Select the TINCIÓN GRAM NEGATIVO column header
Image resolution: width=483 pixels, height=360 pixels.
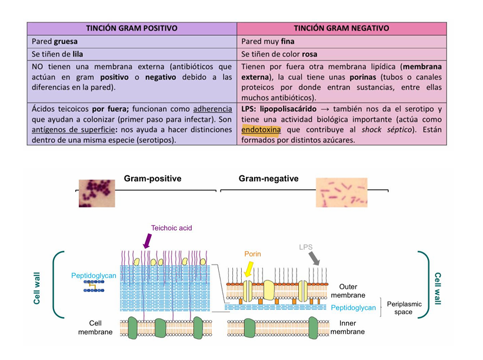[341, 28]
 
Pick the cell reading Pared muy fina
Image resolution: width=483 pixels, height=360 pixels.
[341, 42]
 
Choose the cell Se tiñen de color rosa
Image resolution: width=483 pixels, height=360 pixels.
[341, 54]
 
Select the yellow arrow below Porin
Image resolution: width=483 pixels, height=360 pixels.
[248, 270]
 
